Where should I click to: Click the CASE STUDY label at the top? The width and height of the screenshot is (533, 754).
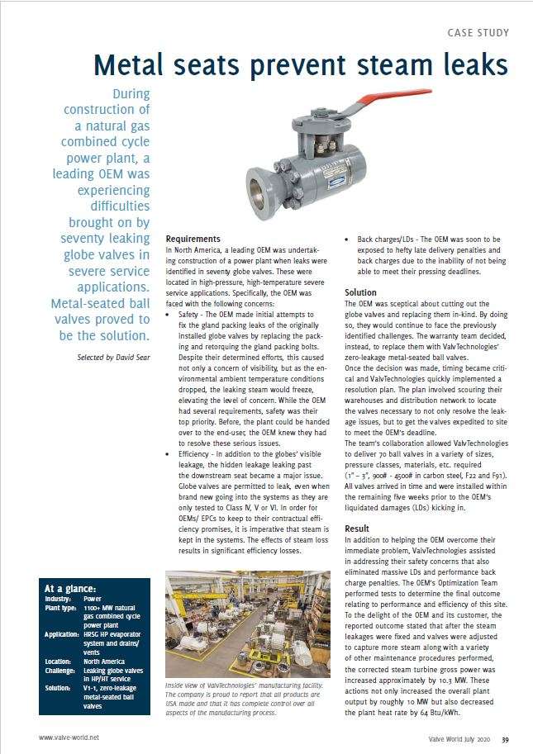478,33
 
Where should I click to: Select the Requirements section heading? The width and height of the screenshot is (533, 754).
193,239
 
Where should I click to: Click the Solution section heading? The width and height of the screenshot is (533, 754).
360,292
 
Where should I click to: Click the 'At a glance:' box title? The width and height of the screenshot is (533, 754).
70,588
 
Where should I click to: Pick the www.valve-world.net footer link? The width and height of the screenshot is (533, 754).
69,737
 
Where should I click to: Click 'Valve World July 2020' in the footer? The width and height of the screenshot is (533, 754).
452,737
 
